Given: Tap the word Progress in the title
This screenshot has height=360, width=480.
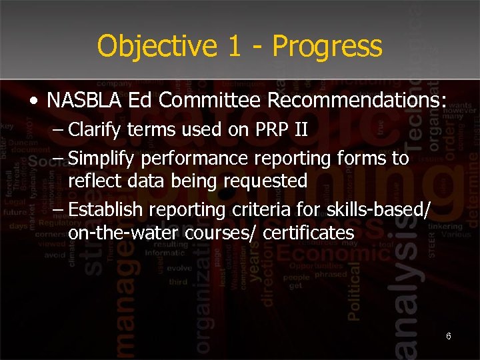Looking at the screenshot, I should point(327,47).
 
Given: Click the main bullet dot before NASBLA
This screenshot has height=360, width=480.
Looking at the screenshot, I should point(33,101).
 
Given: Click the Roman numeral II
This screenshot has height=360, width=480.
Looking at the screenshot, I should point(299,129).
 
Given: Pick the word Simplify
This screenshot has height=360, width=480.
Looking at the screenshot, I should point(98,158).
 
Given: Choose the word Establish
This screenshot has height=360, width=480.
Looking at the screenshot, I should point(105,209).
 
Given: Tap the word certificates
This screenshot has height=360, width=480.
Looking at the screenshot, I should point(309,233).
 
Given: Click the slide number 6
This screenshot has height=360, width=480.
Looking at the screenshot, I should point(449,336).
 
